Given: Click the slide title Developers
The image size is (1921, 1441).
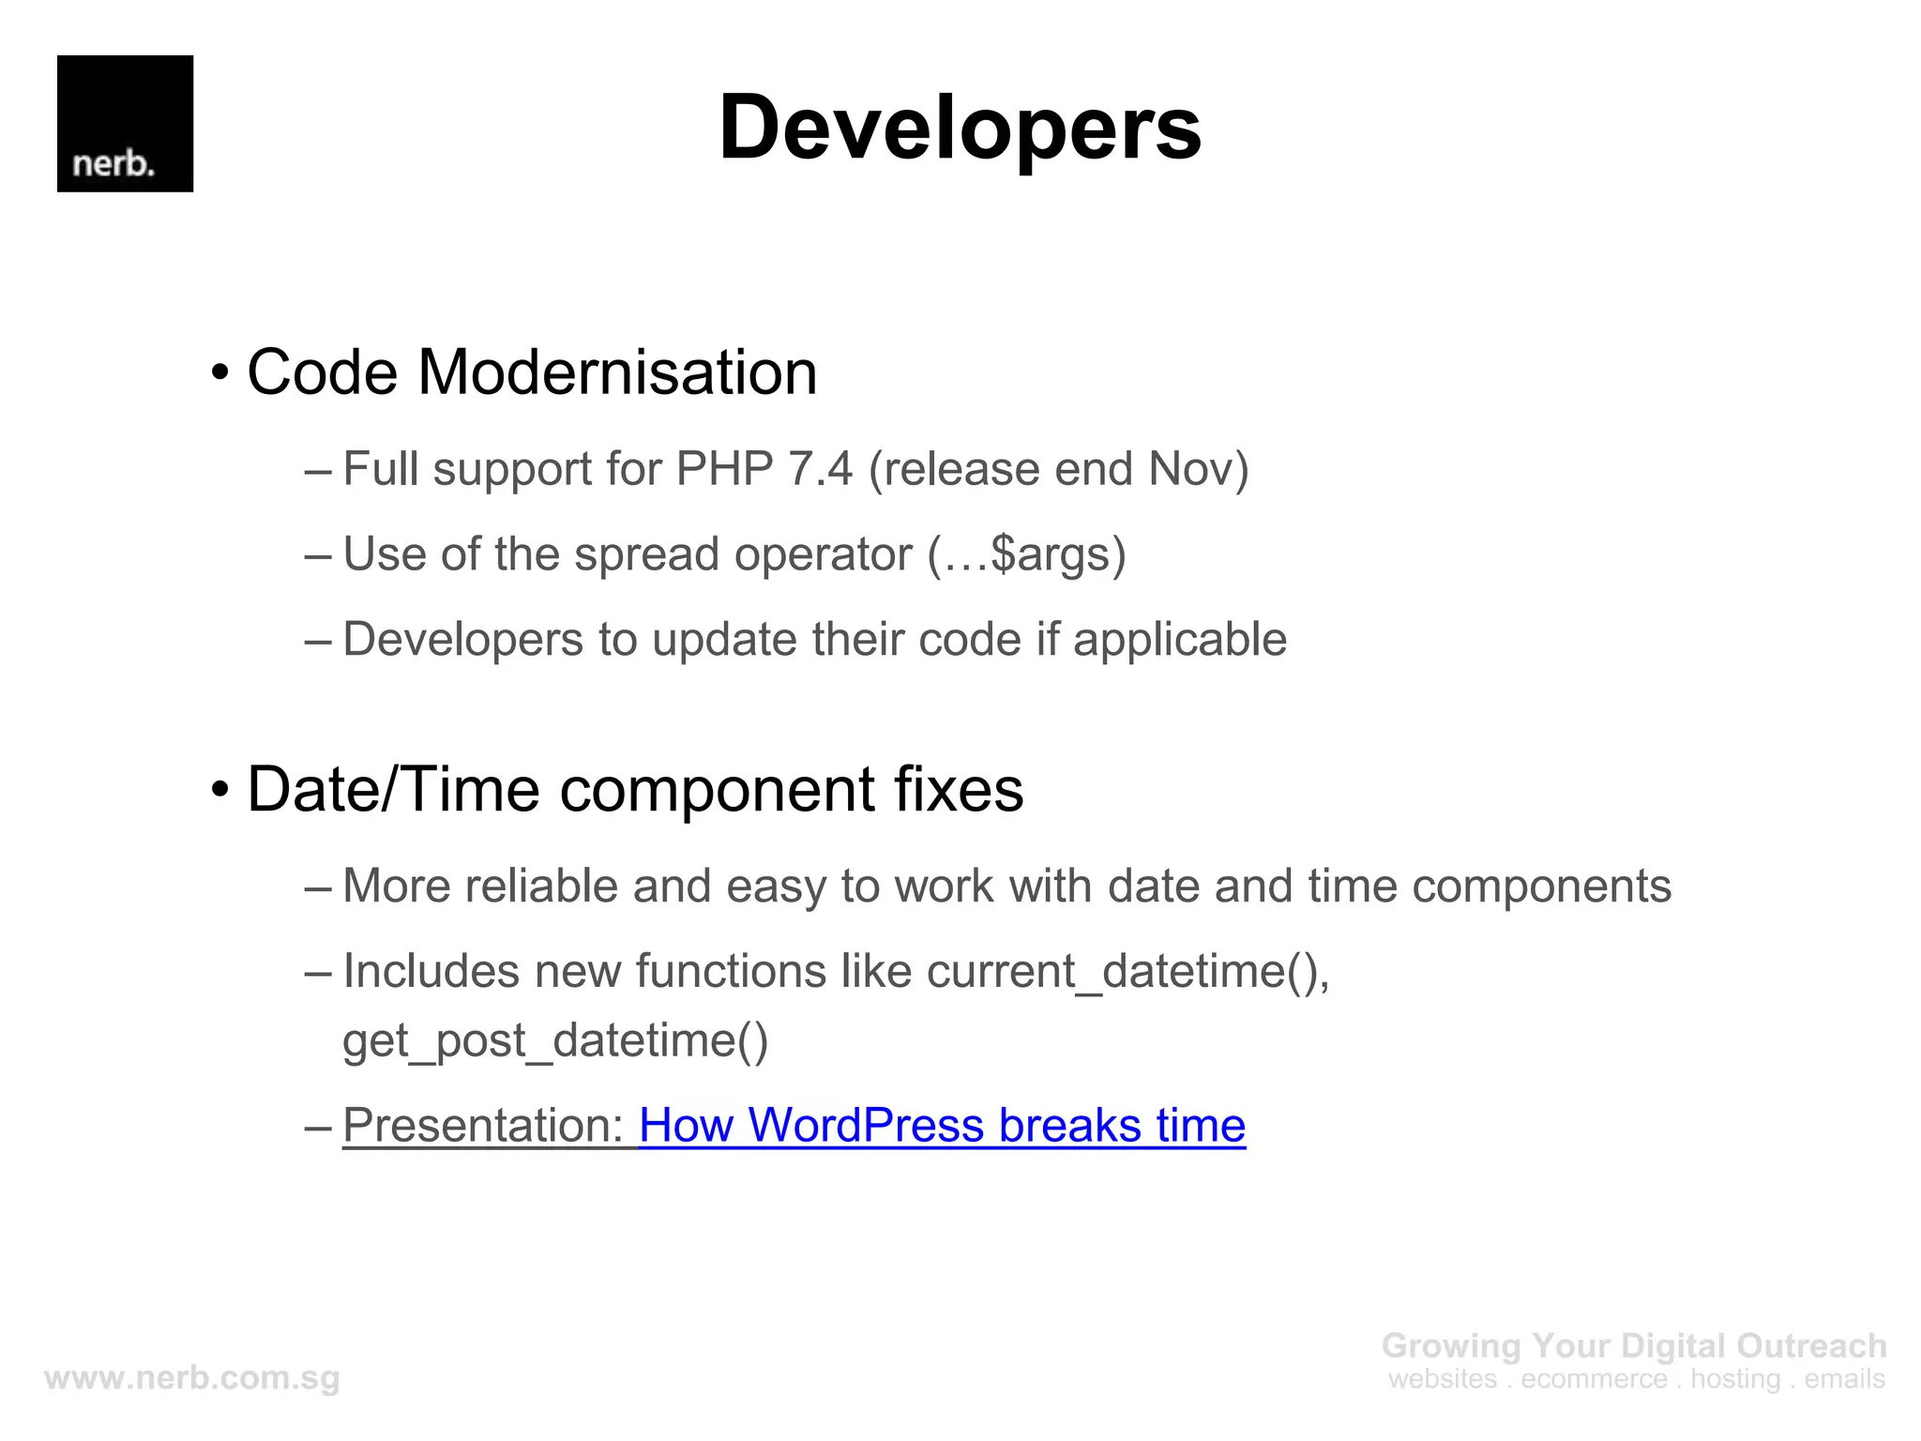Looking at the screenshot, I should pos(960,128).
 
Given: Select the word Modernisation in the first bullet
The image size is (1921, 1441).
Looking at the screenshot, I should pos(617,372).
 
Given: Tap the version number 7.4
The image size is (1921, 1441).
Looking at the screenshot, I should pos(821,469).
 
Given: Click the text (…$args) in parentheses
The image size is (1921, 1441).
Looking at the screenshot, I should pos(1026,554).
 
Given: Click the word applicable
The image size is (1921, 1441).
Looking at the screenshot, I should pos(1179,640).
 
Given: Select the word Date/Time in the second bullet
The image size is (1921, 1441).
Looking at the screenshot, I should pos(393,789).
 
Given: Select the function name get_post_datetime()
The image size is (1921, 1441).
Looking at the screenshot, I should pos(555,1040).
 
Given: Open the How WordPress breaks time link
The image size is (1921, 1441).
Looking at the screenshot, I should pos(942,1125).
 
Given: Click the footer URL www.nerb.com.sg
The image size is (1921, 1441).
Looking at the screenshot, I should pos(192,1378).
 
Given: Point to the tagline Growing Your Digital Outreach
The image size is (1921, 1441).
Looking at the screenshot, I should pos(1633,1345).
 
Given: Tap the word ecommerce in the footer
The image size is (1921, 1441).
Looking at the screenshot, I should pos(1594,1379).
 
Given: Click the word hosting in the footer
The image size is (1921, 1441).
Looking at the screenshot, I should pos(1735,1379).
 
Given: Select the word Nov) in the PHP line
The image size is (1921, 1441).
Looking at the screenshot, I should pos(1198,469).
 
